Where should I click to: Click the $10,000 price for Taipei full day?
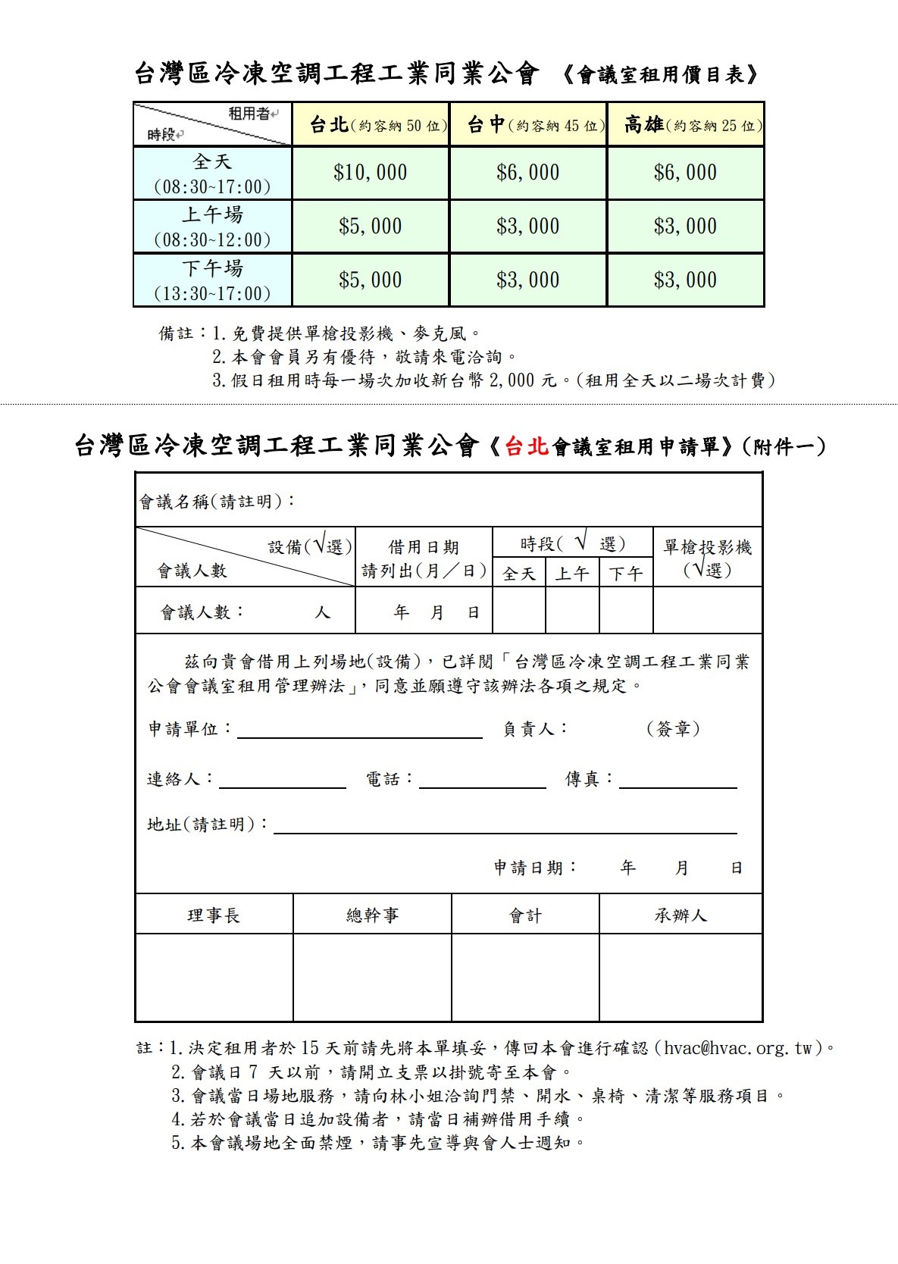click(x=370, y=173)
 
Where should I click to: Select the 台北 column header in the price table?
click(x=329, y=125)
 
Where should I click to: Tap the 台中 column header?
click(x=486, y=125)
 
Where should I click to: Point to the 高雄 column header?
click(x=643, y=125)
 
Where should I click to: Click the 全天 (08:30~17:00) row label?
click(x=212, y=174)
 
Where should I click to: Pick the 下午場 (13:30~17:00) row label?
click(x=212, y=280)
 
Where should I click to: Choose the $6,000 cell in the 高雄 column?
click(x=685, y=173)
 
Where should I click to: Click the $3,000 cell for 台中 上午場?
click(x=527, y=227)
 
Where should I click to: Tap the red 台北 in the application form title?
click(x=526, y=446)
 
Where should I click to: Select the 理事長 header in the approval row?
click(x=214, y=915)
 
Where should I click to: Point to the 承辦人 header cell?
click(x=681, y=915)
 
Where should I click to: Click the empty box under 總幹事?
click(x=372, y=978)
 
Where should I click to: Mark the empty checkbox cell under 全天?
click(x=519, y=611)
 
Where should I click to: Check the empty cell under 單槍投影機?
click(x=707, y=611)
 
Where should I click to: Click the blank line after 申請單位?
click(x=360, y=731)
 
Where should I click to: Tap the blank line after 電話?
click(x=482, y=781)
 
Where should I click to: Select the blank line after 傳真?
click(x=677, y=781)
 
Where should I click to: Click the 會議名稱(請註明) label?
click(x=217, y=502)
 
